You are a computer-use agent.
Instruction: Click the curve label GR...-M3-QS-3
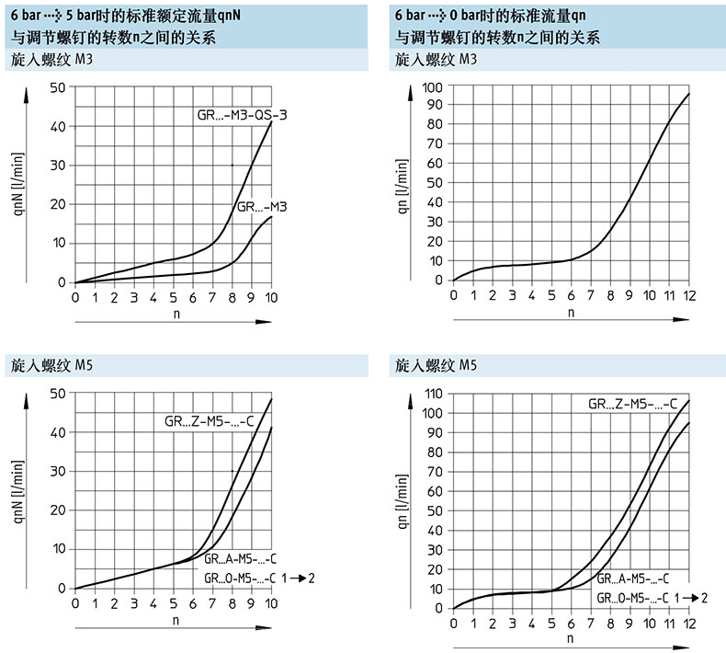pyautogui.click(x=237, y=115)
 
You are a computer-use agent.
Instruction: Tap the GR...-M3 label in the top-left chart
pyautogui.click(x=262, y=207)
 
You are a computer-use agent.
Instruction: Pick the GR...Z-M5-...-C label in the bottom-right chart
pyautogui.click(x=633, y=404)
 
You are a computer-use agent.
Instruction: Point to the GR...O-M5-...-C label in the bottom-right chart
pyautogui.click(x=632, y=598)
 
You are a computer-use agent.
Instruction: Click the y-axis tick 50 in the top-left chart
pyautogui.click(x=59, y=87)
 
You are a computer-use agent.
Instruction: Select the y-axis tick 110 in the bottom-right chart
pyautogui.click(x=432, y=394)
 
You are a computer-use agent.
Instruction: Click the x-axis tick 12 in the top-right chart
pyautogui.click(x=688, y=294)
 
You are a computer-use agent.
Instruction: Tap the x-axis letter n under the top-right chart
pyautogui.click(x=571, y=313)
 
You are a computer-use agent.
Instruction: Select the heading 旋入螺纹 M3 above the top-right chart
pyautogui.click(x=436, y=60)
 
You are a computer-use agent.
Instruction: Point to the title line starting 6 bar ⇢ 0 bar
pyautogui.click(x=491, y=16)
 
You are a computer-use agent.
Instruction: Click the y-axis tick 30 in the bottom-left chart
pyautogui.click(x=59, y=471)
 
